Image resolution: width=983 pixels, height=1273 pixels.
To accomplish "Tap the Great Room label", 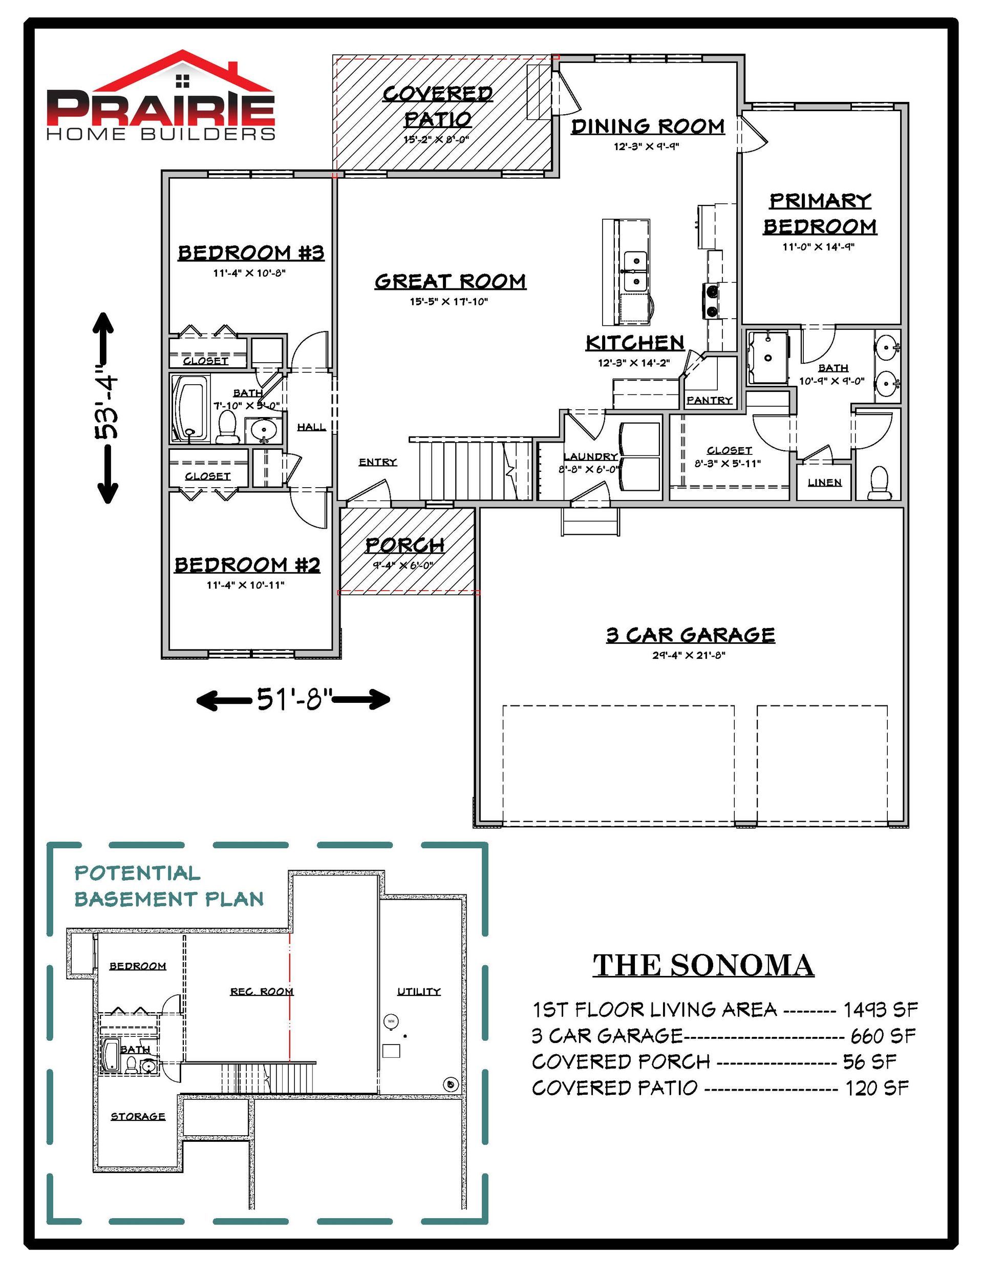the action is point(450,282).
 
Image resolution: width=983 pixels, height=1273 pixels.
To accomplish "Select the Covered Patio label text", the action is point(438,106).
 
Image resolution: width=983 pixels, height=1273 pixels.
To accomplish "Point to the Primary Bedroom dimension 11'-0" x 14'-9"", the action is point(818,246).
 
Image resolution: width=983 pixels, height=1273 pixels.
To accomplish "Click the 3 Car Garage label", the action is point(691,634).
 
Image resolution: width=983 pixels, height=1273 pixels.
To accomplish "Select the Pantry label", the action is point(709,401).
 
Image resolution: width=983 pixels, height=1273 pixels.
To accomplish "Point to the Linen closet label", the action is point(824,482).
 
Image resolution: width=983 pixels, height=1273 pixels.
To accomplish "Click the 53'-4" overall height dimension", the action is point(109,407).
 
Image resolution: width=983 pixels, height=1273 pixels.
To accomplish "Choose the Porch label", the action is point(405,546).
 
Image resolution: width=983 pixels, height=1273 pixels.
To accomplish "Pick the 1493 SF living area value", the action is point(881,1009).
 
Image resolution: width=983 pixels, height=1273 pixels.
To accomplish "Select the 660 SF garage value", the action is point(883,1035).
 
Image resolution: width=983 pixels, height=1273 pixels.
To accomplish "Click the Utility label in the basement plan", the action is point(419,991).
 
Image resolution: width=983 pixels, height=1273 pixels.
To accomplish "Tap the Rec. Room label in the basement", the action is point(262,991).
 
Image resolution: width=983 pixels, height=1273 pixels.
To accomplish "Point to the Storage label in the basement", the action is point(138,1116).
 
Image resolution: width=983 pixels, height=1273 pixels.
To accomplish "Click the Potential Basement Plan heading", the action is point(169,886).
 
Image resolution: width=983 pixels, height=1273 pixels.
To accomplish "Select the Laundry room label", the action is point(590,456).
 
